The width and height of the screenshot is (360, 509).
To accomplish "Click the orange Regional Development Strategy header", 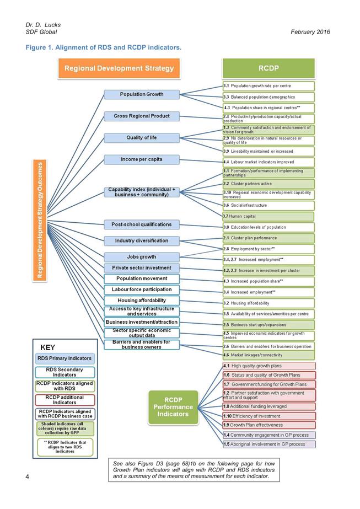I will point(119,69).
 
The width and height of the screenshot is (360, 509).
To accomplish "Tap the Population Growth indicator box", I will point(142,94).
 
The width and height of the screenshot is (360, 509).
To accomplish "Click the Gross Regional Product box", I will point(142,116).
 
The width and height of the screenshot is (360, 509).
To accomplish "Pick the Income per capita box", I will point(142,159).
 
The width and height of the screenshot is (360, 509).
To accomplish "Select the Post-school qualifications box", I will point(142,224).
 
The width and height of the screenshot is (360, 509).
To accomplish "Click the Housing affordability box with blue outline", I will point(142,301).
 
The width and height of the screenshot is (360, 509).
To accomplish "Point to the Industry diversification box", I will point(142,241).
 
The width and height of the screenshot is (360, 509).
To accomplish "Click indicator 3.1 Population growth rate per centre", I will point(268,87).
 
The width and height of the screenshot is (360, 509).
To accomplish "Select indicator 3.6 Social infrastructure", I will point(268,206).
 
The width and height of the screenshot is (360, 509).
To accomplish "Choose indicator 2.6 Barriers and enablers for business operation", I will point(268,346).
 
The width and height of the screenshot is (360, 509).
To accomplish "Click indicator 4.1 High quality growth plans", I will point(268,366).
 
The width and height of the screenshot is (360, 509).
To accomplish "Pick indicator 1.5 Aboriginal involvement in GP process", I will point(268,444).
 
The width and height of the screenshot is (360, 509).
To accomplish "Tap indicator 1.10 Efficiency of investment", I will point(268,416).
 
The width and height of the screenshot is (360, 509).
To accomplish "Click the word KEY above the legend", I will point(47,348).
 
